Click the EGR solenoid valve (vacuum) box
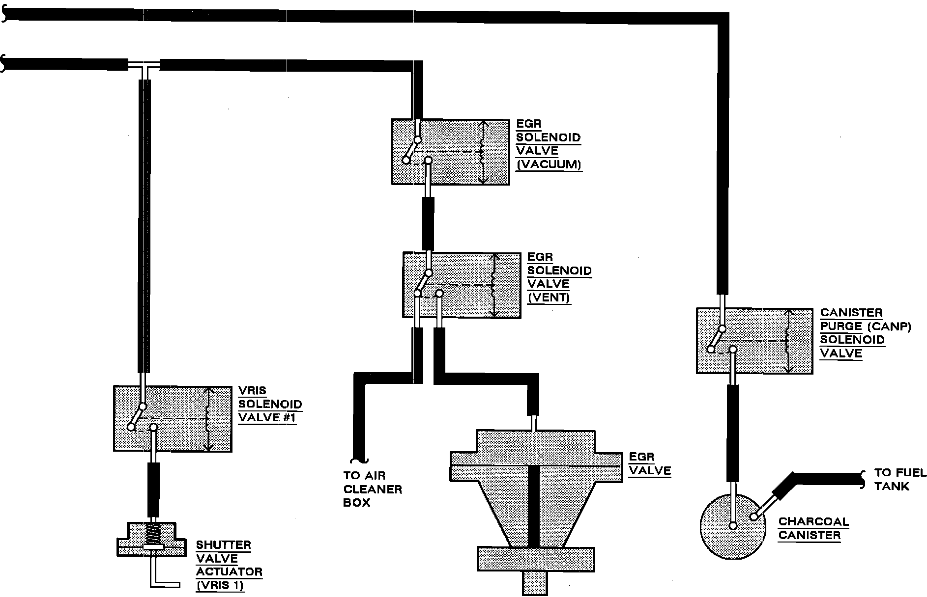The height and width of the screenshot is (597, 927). tap(450, 152)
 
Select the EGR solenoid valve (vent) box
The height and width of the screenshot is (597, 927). tap(462, 285)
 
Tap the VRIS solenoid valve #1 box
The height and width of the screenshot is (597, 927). tap(173, 419)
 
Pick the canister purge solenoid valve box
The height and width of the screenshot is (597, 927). tap(754, 341)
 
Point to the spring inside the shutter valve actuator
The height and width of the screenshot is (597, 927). tap(155, 535)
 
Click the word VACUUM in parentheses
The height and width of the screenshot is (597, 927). tap(549, 164)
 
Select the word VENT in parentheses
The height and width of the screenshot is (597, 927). tap(549, 297)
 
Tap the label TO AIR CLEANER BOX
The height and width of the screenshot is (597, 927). tap(373, 489)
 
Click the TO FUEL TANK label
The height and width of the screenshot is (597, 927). tap(900, 480)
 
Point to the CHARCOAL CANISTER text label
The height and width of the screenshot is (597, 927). tap(813, 528)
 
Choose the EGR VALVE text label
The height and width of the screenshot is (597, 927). tap(650, 464)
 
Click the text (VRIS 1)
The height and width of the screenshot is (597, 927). tap(220, 586)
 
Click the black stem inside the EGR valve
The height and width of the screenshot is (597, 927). tap(533, 506)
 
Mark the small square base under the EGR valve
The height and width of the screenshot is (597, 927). tap(535, 584)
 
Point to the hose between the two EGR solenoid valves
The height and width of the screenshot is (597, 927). tap(428, 224)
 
